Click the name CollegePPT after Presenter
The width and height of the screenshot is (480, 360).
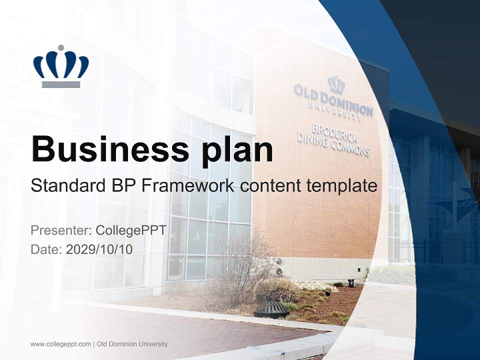click(131, 230)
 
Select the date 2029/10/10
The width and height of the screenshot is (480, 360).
click(99, 249)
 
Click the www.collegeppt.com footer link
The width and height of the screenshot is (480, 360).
click(60, 344)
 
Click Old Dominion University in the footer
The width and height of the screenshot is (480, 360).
click(132, 344)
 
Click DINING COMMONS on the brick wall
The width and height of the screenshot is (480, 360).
click(333, 142)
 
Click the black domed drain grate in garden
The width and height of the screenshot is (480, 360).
click(271, 309)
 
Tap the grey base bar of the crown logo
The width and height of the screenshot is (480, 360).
click(60, 84)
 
